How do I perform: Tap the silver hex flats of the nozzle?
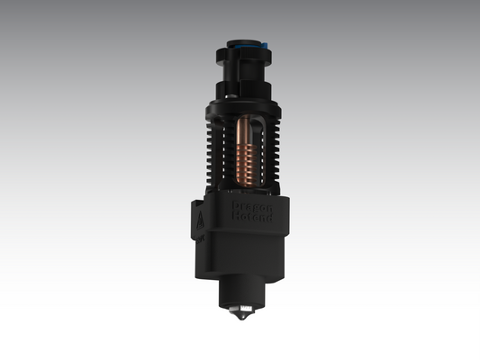click(x=239, y=310)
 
